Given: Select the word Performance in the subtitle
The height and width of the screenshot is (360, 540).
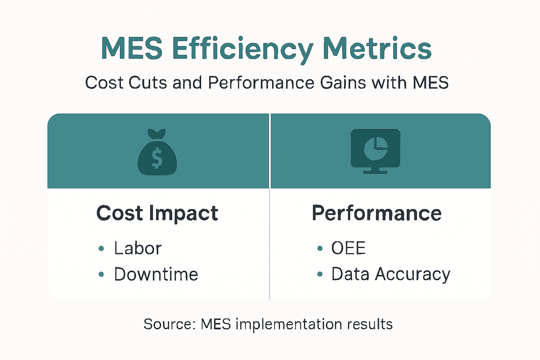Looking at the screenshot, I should [261, 83].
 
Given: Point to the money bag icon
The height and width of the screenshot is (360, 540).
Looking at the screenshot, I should [157, 153].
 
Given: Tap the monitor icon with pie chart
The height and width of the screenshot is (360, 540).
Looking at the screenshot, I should [375, 149].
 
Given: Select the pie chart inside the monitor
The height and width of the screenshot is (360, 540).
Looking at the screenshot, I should [375, 148].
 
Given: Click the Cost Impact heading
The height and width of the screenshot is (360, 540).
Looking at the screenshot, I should [157, 213].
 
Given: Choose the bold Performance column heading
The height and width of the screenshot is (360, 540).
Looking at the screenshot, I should [377, 213].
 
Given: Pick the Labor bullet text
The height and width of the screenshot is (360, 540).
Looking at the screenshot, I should [138, 249].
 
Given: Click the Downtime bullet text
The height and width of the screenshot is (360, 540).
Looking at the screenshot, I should [156, 274].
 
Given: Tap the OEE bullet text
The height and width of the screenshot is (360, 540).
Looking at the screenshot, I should [348, 249].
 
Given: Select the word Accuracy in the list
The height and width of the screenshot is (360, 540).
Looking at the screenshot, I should [412, 274].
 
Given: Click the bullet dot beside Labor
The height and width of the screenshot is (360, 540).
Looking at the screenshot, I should [101, 249].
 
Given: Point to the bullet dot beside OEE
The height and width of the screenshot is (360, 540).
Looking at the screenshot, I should [320, 249].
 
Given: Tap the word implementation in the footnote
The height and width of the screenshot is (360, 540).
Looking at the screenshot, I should [289, 324].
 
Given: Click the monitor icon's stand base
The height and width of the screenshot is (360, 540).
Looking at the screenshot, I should [375, 172].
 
